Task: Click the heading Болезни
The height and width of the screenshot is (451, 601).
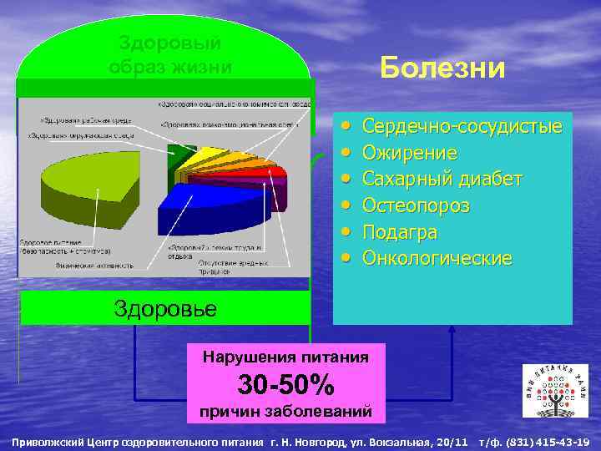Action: (x=442, y=67)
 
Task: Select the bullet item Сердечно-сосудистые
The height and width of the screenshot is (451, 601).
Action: (x=462, y=127)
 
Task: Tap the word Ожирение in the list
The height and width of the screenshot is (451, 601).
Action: (x=410, y=153)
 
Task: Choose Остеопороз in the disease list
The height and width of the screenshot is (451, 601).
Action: (x=416, y=205)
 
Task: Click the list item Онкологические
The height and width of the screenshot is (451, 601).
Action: (x=437, y=258)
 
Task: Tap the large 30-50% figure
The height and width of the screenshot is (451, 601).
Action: (x=286, y=384)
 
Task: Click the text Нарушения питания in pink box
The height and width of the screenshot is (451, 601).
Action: (x=286, y=357)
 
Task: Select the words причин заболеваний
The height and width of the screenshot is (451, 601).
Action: (x=286, y=411)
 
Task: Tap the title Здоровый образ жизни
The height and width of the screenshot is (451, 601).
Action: (x=170, y=54)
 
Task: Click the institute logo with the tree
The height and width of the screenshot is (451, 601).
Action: (x=554, y=392)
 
